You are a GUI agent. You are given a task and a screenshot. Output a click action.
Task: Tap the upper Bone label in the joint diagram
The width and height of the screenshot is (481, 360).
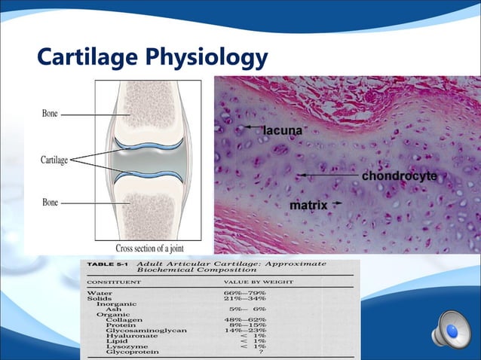(50, 114)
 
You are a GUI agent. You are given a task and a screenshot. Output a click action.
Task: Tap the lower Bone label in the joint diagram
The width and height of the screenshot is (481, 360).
(50, 203)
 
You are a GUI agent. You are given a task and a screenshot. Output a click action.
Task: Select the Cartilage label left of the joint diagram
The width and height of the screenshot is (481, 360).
(54, 160)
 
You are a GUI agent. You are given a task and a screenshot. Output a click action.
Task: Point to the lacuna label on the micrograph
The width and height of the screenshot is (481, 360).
(283, 130)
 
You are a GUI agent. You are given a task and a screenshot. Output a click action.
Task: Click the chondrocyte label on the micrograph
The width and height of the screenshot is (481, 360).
(399, 175)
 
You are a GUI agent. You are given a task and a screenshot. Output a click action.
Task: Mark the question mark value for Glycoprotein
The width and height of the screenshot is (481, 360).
(261, 352)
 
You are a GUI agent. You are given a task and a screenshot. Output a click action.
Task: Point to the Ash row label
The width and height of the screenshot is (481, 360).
(114, 309)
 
